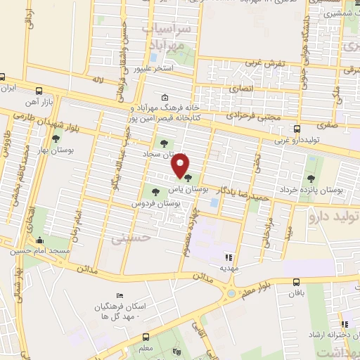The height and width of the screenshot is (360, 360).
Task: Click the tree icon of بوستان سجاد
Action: click(x=164, y=143)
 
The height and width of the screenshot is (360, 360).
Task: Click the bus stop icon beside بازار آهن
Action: click(x=38, y=91)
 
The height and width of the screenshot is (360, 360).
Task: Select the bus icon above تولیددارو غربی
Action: click(x=297, y=129)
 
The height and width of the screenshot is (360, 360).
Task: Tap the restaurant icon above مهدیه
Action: click(x=227, y=257)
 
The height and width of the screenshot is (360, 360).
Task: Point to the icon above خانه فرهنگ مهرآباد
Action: click(x=165, y=98)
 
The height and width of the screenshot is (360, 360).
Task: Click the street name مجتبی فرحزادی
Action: click(x=255, y=117)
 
